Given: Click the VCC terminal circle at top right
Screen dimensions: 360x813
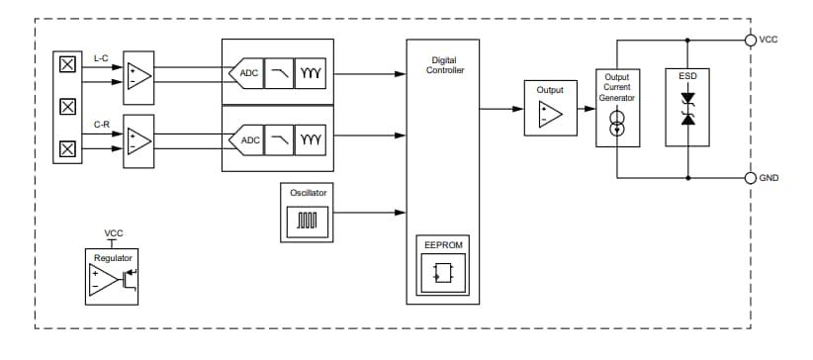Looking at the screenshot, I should (x=751, y=41).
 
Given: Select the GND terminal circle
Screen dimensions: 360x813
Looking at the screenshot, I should (x=751, y=178).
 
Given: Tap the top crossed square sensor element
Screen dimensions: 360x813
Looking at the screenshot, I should (x=67, y=65).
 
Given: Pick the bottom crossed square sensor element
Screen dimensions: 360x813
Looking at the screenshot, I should (x=67, y=148).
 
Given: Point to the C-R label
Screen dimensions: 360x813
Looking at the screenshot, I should (x=102, y=125).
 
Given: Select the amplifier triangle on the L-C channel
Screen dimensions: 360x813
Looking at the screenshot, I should (x=138, y=76).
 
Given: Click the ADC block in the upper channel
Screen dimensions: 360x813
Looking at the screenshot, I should (x=247, y=73).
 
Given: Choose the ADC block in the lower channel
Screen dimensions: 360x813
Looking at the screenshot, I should (x=247, y=140).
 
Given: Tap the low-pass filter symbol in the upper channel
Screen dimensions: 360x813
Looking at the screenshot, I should (x=279, y=73).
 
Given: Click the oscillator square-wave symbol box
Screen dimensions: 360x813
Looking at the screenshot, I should (x=309, y=223).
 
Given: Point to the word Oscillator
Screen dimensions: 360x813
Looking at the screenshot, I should (x=309, y=192).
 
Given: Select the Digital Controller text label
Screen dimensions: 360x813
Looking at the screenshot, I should (x=442, y=65).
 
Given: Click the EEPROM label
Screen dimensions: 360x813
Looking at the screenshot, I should (x=442, y=243).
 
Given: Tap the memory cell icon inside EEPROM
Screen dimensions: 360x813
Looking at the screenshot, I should (x=442, y=271).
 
